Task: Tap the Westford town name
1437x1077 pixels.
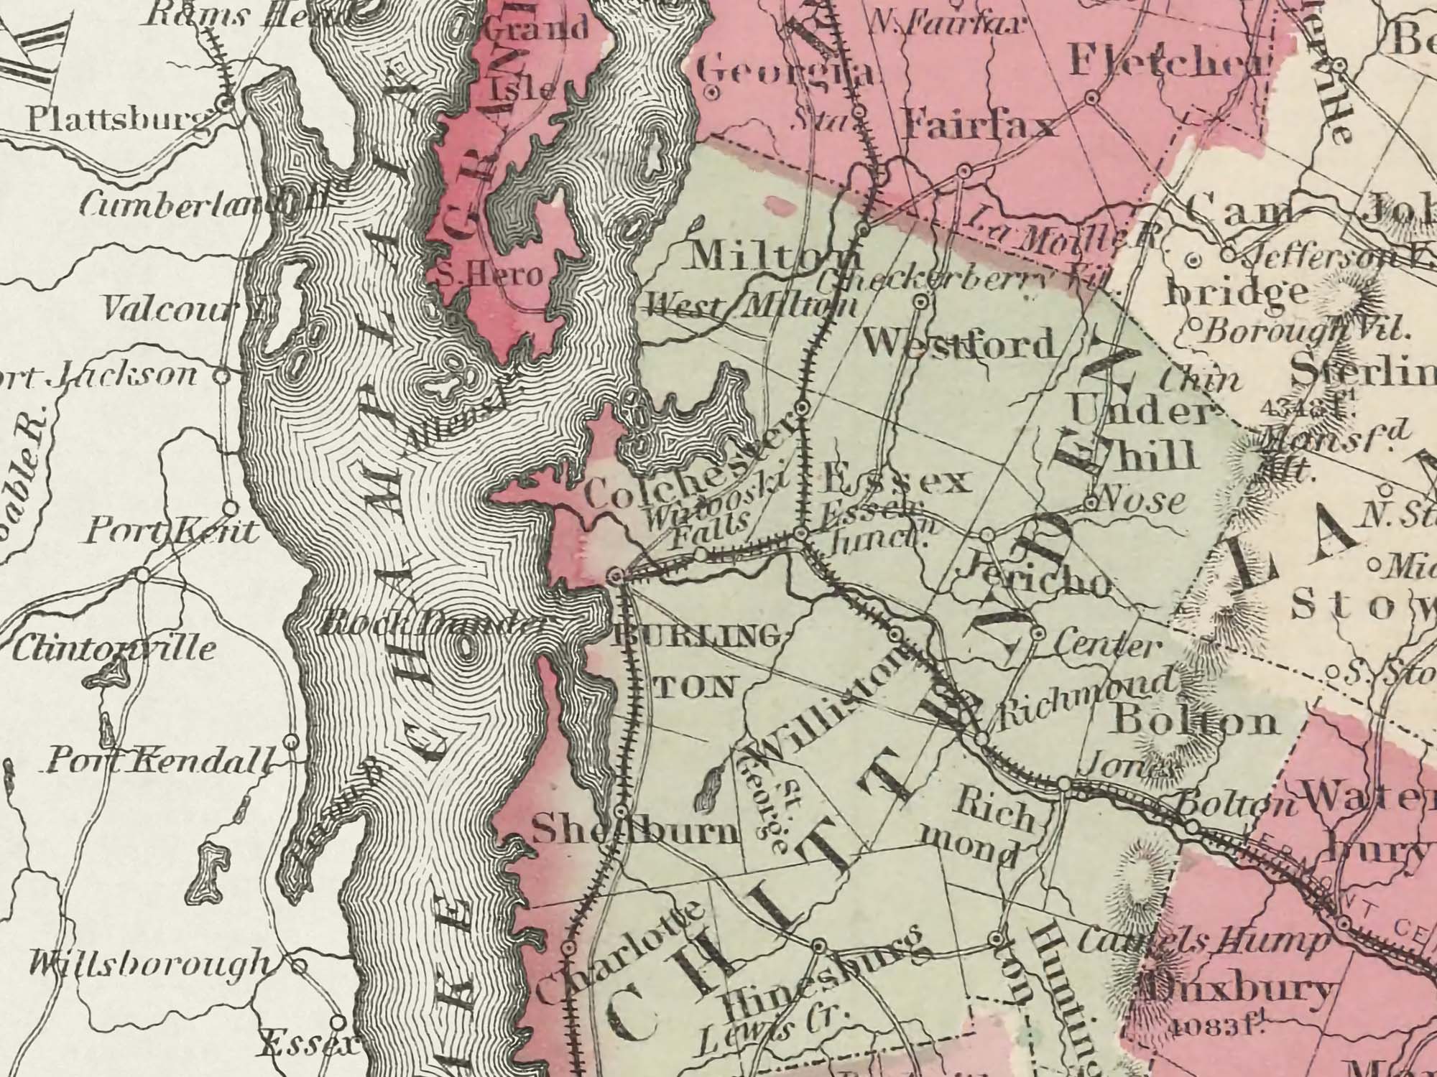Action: coord(961,345)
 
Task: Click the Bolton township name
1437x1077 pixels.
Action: coord(1193,722)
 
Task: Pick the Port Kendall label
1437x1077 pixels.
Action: coord(160,760)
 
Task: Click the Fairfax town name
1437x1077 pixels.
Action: coord(981,127)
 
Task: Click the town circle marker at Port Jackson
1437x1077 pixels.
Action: coord(223,374)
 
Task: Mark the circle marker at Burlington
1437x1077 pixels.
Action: coord(615,575)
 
